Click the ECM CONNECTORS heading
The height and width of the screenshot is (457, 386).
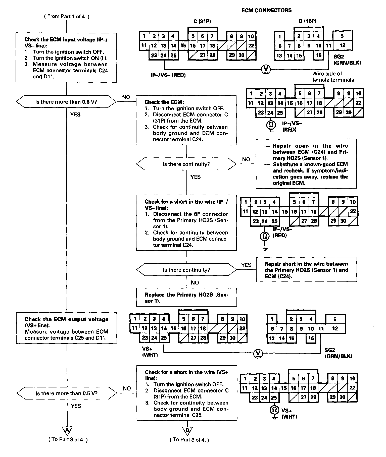coord(266,10)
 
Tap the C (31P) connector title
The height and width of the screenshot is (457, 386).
coord(202,21)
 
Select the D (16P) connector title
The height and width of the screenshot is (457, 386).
coord(307,21)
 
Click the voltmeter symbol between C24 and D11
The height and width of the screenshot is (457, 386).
coord(266,69)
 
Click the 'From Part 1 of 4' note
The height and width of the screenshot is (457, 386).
coord(67,17)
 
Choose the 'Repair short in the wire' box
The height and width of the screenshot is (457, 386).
coord(306,270)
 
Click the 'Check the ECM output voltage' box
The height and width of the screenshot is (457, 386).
coord(67,328)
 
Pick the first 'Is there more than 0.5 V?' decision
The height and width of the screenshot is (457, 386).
coord(66,102)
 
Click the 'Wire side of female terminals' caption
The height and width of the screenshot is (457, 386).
coord(333,77)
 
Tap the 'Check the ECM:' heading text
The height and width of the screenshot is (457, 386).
coord(164,102)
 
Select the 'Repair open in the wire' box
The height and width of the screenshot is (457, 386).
coord(306,164)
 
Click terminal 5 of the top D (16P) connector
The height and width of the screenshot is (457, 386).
coord(342,36)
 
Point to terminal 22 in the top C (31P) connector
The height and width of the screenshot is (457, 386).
coord(251,46)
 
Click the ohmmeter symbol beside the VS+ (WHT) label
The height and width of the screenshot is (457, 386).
coord(274,410)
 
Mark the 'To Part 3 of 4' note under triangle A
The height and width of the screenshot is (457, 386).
coord(68,440)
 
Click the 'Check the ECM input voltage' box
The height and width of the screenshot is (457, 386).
coord(66,58)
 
